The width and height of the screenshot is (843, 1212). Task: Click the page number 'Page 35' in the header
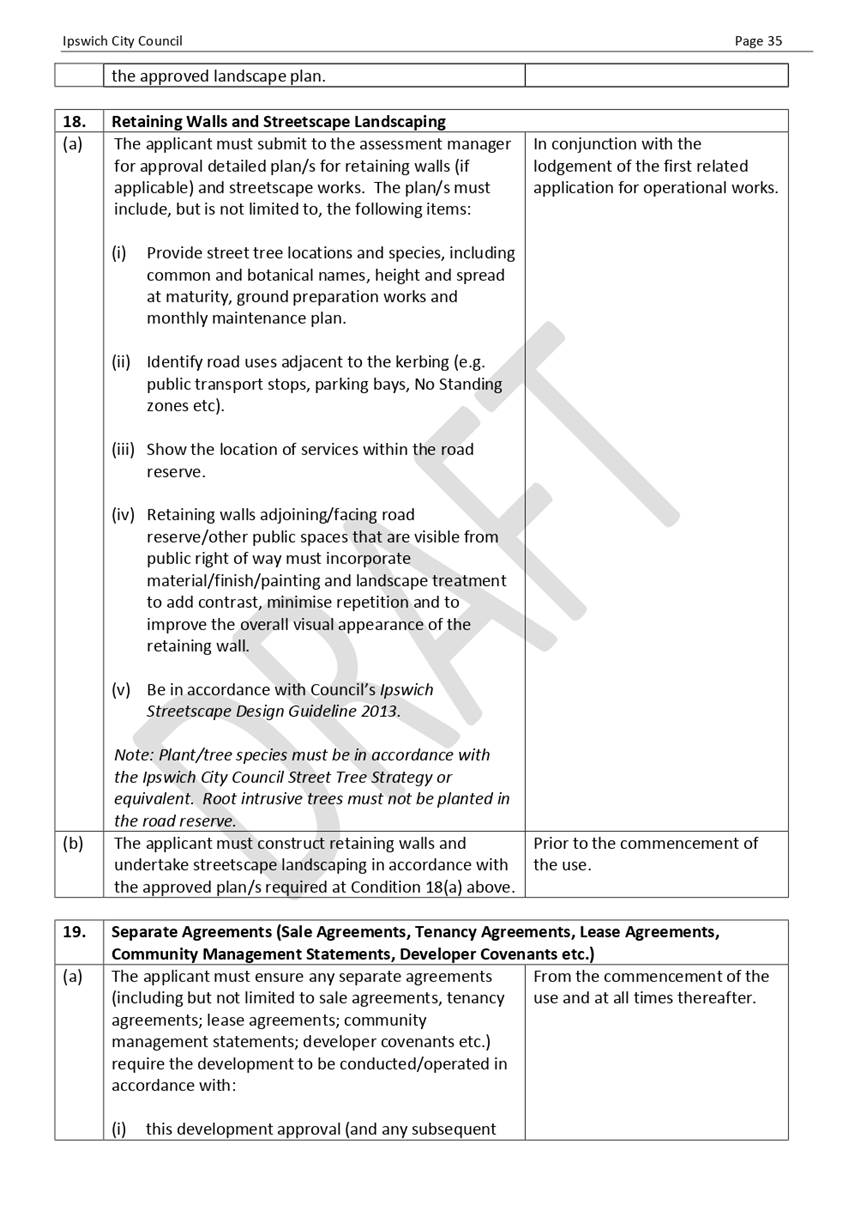tap(757, 41)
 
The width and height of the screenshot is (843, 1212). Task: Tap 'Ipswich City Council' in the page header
tap(122, 41)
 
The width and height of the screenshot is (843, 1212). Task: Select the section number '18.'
tap(74, 121)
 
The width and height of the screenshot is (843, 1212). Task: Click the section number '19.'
tap(74, 932)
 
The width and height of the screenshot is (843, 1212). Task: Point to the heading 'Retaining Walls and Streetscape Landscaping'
tap(278, 121)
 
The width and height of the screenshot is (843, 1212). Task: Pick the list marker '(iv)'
tap(124, 515)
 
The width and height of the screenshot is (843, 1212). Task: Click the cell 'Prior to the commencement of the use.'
tap(645, 854)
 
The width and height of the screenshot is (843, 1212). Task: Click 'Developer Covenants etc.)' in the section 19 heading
tap(496, 953)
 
